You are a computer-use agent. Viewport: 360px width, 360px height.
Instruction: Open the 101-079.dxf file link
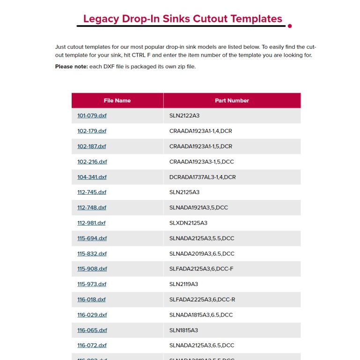(92, 116)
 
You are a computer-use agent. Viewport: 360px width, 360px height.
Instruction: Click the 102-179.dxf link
(92, 131)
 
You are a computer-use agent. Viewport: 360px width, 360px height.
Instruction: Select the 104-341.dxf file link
(92, 177)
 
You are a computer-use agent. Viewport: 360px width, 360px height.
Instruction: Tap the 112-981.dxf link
(91, 223)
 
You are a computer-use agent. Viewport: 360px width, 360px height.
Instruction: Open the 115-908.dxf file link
(92, 269)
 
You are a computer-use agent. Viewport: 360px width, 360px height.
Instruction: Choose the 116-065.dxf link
(92, 330)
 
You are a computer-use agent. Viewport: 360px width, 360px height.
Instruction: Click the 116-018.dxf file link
(91, 300)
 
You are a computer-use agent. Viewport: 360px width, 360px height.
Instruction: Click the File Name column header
(117, 101)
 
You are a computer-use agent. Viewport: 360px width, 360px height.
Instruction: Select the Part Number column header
(232, 101)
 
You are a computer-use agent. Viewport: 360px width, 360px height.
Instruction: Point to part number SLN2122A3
(184, 116)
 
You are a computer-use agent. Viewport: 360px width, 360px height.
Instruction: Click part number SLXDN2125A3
(188, 223)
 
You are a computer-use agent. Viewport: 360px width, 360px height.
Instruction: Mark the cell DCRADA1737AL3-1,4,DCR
(202, 177)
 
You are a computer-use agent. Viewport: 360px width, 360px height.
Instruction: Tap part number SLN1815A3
(184, 330)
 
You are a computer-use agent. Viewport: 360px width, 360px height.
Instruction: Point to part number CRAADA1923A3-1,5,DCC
(201, 162)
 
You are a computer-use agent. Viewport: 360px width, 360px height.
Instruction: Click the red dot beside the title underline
(290, 26)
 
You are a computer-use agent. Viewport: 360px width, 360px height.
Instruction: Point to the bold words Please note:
(71, 66)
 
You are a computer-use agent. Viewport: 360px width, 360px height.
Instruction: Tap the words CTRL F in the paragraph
(140, 55)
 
